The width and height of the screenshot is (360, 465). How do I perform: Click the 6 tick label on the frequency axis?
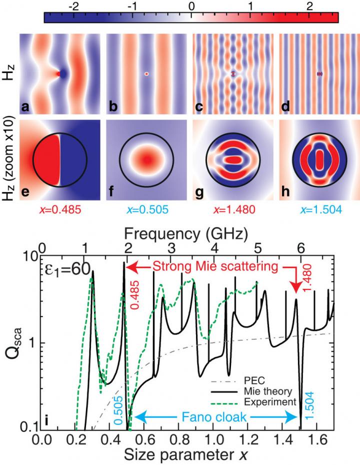300,248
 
